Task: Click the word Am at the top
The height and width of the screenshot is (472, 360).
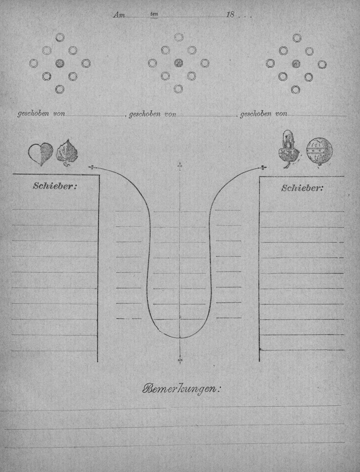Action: pyautogui.click(x=119, y=15)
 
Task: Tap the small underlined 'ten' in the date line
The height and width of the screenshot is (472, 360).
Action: pyautogui.click(x=154, y=14)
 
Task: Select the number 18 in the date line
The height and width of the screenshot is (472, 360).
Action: pyautogui.click(x=230, y=15)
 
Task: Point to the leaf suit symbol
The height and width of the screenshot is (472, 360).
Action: pyautogui.click(x=67, y=153)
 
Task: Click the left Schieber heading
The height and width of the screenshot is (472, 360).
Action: pyautogui.click(x=55, y=186)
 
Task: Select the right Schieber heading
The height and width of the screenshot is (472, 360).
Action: pyautogui.click(x=302, y=188)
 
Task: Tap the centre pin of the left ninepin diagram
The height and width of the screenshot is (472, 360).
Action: pyautogui.click(x=60, y=63)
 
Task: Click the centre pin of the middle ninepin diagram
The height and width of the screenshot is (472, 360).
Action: pyautogui.click(x=178, y=63)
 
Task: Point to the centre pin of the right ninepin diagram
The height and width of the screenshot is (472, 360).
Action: pyautogui.click(x=296, y=64)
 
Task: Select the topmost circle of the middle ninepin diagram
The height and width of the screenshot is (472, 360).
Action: pyautogui.click(x=178, y=37)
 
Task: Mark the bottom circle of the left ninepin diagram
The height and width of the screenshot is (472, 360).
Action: pyautogui.click(x=60, y=89)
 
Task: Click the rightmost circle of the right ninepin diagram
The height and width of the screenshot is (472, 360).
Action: pyautogui.click(x=322, y=64)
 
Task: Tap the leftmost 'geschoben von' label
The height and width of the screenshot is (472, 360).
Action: pyautogui.click(x=41, y=114)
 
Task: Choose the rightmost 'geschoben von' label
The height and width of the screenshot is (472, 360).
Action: pyautogui.click(x=264, y=114)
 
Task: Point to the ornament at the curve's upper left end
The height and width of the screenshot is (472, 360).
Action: pyautogui.click(x=92, y=167)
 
